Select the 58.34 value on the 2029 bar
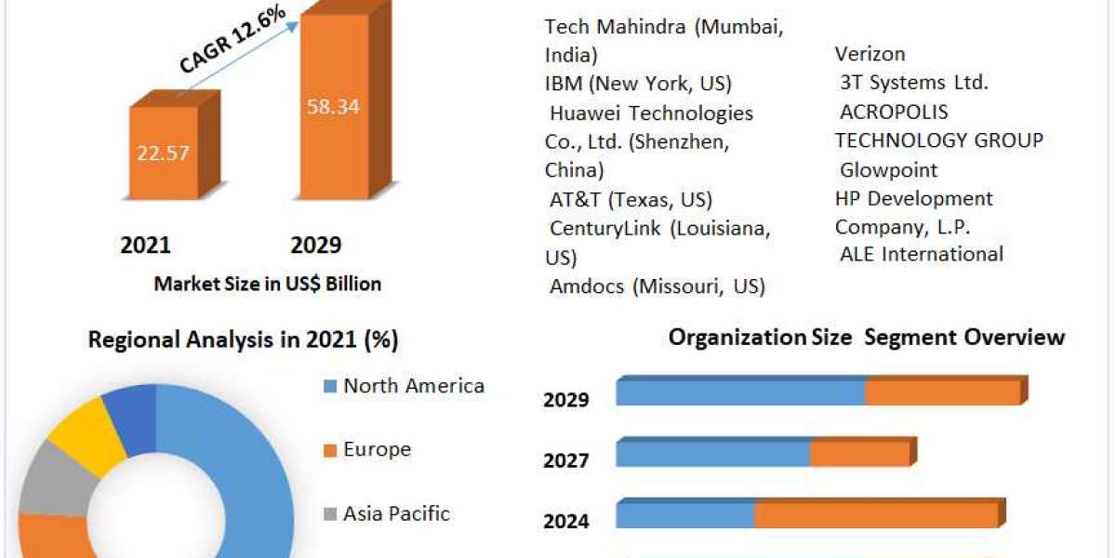coord(333,106)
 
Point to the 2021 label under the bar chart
coord(146,245)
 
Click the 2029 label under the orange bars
coord(316,245)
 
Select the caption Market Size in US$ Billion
coord(267,284)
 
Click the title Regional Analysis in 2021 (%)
coord(243,340)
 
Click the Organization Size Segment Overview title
coord(866,337)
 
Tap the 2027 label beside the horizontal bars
coord(566,460)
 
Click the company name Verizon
coord(870,54)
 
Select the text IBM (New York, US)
coord(638,84)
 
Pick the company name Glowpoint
coord(888,170)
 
